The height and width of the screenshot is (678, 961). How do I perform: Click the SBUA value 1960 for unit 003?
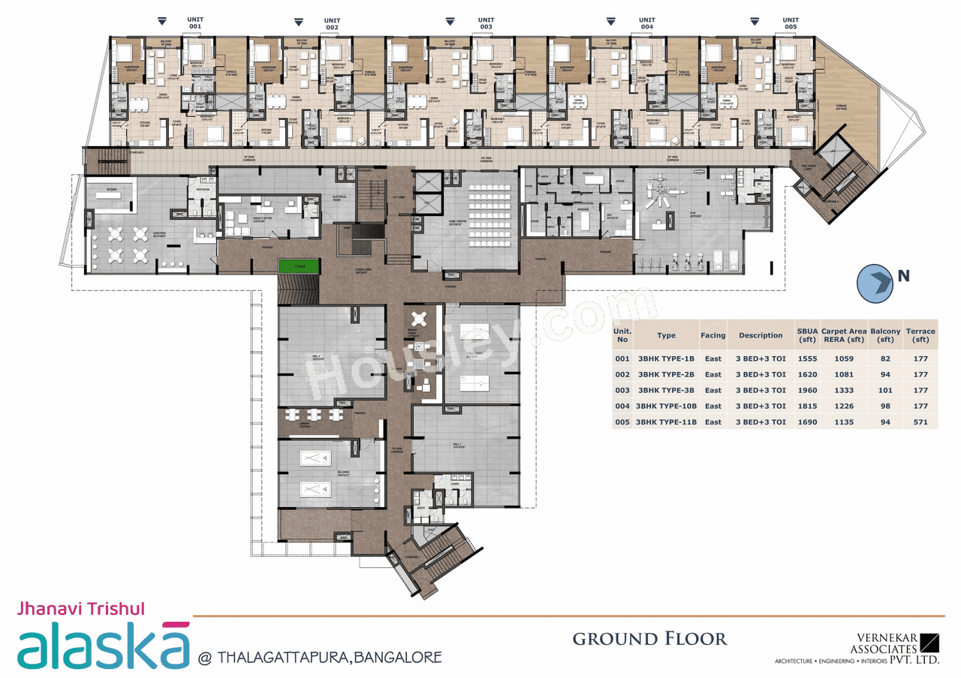[808, 390]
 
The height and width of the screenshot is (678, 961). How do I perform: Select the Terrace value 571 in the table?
[920, 422]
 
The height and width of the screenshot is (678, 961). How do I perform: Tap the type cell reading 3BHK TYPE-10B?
[666, 406]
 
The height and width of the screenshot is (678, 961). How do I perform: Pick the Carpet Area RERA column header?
[844, 335]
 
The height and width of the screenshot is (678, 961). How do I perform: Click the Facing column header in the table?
[712, 335]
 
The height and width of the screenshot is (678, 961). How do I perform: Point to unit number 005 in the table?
[622, 422]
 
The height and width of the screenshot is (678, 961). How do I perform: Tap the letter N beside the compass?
[903, 276]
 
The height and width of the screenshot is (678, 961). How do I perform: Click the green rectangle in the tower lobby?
[299, 265]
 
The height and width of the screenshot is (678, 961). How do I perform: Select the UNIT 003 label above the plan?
[486, 23]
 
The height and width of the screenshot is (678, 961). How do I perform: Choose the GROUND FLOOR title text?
[649, 639]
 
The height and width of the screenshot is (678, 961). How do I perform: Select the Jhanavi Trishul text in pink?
[80, 609]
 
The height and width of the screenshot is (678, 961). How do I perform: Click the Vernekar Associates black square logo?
[929, 643]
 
